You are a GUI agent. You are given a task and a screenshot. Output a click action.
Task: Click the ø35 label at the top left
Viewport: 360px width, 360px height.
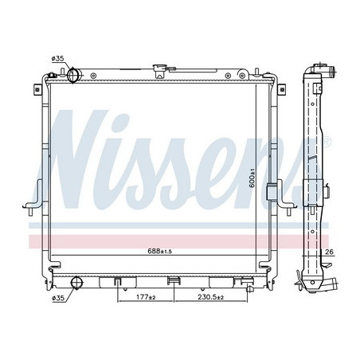click(58, 59)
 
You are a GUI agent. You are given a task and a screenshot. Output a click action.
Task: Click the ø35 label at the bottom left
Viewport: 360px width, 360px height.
click(58, 299)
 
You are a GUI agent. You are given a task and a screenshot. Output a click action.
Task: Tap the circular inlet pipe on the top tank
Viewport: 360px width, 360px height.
click(72, 75)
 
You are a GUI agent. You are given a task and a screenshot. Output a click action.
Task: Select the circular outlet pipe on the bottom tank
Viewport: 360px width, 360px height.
click(77, 283)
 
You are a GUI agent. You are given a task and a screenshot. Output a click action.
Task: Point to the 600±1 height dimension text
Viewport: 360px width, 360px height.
click(252, 178)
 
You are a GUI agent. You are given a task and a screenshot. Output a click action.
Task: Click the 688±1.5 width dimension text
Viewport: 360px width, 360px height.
click(160, 251)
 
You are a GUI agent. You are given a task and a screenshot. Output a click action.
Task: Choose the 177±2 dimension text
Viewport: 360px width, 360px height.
click(146, 297)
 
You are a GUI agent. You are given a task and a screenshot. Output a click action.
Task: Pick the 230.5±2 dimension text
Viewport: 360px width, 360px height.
click(211, 297)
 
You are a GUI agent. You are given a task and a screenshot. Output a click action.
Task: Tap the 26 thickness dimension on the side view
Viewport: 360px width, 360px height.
click(329, 252)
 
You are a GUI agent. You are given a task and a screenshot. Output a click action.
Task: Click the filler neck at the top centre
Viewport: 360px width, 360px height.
click(158, 71)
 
